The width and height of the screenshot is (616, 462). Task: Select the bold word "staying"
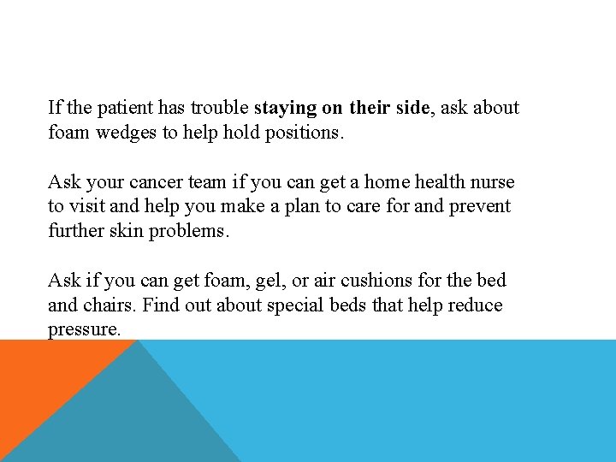(286, 108)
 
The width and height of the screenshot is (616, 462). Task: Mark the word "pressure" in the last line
(82, 329)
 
